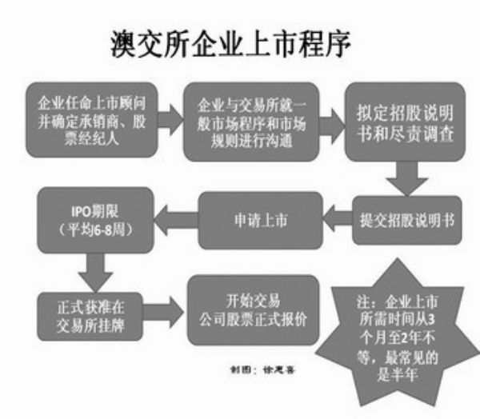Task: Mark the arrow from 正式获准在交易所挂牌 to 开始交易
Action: (165, 310)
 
